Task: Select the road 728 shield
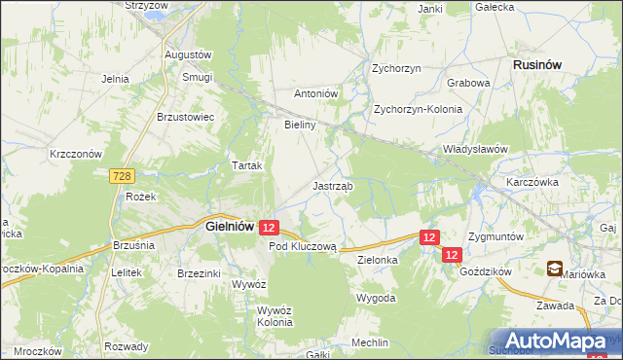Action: [x=122, y=176]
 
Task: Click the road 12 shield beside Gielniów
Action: [x=271, y=227]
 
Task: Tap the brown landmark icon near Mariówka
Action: [x=554, y=269]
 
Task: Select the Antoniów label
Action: [x=315, y=94]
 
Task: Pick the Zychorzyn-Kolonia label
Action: [x=419, y=109]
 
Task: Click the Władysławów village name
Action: [x=476, y=149]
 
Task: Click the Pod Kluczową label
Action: [x=303, y=247]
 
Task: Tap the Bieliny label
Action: [x=299, y=126]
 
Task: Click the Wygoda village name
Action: [x=376, y=297]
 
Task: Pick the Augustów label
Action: [x=188, y=54]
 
